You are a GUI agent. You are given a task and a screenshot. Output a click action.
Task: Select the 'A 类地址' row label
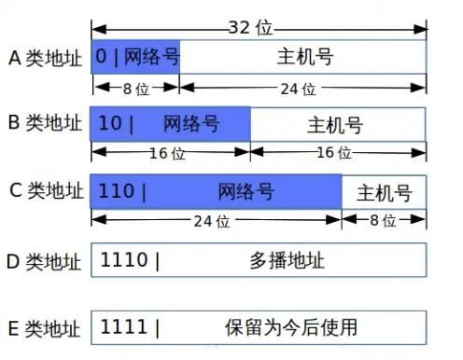(44, 57)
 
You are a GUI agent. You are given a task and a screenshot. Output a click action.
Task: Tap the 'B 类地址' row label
(44, 123)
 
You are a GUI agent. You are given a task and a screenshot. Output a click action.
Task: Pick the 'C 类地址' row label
(44, 192)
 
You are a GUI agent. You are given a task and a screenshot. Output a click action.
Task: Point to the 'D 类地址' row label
(44, 260)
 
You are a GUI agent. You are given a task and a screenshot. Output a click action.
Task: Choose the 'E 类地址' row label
(44, 327)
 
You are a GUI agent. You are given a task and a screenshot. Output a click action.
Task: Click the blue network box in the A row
(135, 57)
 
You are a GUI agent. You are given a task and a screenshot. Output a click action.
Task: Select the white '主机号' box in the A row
(304, 57)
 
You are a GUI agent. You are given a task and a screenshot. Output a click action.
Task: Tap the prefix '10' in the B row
(110, 123)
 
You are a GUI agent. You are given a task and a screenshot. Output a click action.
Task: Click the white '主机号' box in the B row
(338, 124)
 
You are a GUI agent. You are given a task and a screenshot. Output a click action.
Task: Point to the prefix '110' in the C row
(116, 192)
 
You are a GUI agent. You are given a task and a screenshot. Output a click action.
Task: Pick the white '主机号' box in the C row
(384, 192)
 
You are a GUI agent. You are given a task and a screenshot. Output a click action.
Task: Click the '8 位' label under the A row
(134, 89)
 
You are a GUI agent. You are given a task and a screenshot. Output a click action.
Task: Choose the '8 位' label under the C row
(384, 221)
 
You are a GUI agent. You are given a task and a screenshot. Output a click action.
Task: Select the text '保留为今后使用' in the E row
(291, 327)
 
